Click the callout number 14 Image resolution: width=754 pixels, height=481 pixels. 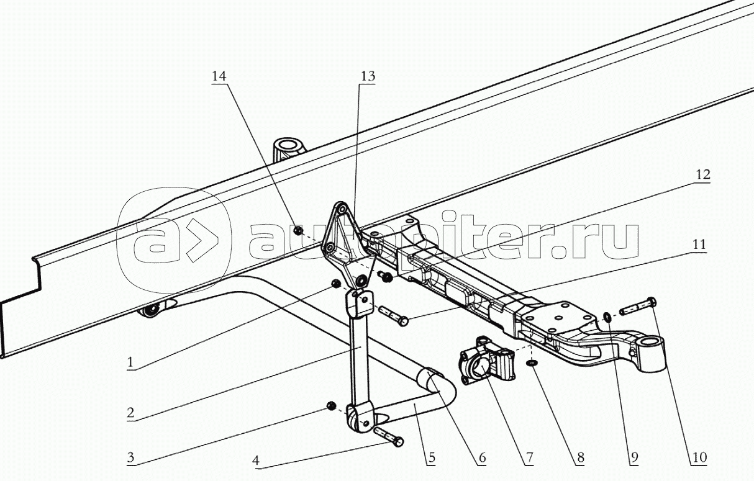219,76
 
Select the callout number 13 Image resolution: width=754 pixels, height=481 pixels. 368,76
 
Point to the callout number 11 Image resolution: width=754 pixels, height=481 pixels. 699,244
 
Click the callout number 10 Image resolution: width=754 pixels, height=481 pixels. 699,457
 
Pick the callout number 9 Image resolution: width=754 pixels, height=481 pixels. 634,457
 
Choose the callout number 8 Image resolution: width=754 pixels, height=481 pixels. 581,457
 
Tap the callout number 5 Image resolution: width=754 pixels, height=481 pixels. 431,457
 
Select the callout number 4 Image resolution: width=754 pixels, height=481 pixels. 256,460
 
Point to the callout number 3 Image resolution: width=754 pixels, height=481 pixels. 130,457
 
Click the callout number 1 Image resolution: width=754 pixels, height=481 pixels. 130,362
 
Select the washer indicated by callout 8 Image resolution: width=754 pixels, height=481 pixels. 531,363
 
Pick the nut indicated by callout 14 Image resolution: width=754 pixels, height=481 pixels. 298,230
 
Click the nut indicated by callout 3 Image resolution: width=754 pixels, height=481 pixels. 331,406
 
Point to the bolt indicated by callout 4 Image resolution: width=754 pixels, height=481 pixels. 389,436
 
